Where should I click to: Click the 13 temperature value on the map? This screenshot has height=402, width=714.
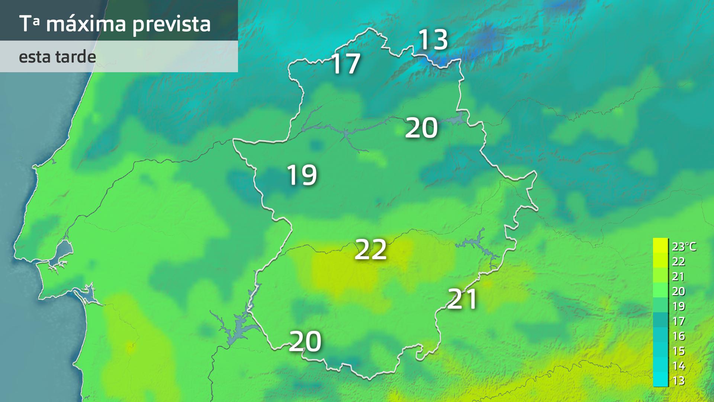pyautogui.click(x=433, y=40)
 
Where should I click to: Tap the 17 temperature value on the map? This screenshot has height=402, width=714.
pyautogui.click(x=345, y=64)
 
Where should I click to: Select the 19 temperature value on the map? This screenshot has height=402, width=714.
pyautogui.click(x=302, y=175)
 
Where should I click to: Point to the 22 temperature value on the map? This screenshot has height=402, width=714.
pyautogui.click(x=371, y=249)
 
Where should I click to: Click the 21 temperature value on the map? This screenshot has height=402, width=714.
pyautogui.click(x=462, y=299)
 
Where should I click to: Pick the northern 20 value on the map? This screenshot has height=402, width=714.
pyautogui.click(x=421, y=128)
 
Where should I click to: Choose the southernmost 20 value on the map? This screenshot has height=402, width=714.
pyautogui.click(x=305, y=342)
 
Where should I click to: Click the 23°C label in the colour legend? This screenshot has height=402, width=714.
pyautogui.click(x=684, y=246)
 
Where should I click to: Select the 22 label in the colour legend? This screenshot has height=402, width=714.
pyautogui.click(x=679, y=262)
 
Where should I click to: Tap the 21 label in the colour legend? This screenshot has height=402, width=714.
pyautogui.click(x=679, y=277)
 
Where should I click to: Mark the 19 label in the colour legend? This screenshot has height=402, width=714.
pyautogui.click(x=679, y=306)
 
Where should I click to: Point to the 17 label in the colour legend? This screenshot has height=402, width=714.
pyautogui.click(x=679, y=321)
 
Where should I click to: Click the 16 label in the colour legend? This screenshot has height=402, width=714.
pyautogui.click(x=679, y=336)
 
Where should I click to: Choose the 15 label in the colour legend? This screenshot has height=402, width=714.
pyautogui.click(x=679, y=351)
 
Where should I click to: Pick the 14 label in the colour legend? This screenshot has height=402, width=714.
pyautogui.click(x=679, y=366)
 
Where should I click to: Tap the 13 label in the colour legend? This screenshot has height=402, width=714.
pyautogui.click(x=679, y=381)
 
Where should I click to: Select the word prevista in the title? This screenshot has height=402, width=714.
pyautogui.click(x=171, y=25)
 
